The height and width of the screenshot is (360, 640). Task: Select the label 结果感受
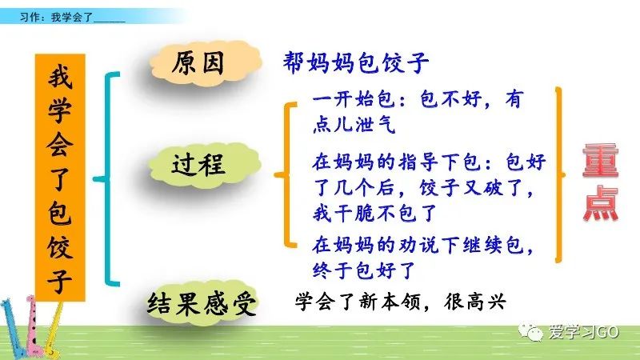pyautogui.click(x=202, y=303)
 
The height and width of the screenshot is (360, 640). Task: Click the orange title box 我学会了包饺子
pyautogui.click(x=60, y=178)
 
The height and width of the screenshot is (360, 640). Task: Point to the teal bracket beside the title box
pyautogui.click(x=107, y=178)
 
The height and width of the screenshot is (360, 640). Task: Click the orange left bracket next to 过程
pyautogui.click(x=288, y=174)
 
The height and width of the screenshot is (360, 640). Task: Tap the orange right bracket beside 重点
pyautogui.click(x=559, y=174)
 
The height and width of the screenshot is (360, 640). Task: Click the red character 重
pyautogui.click(x=601, y=160)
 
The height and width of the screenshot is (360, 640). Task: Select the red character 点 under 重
pyautogui.click(x=601, y=203)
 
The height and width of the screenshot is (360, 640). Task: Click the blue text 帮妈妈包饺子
pyautogui.click(x=355, y=62)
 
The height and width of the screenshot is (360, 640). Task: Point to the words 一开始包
pyautogui.click(x=354, y=99)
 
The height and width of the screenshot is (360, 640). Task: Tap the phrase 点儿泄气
pyautogui.click(x=354, y=124)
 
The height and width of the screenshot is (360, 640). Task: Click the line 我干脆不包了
pyautogui.click(x=374, y=213)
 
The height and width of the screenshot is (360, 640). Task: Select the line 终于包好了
pyautogui.click(x=364, y=270)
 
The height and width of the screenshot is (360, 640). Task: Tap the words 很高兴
pyautogui.click(x=475, y=302)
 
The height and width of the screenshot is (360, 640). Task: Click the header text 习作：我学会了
pyautogui.click(x=56, y=17)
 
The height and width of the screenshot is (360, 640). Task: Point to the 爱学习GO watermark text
pyautogui.click(x=584, y=332)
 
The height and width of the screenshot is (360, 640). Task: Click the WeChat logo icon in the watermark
pyautogui.click(x=530, y=331)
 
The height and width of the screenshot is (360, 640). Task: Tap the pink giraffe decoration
pyautogui.click(x=34, y=326)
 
